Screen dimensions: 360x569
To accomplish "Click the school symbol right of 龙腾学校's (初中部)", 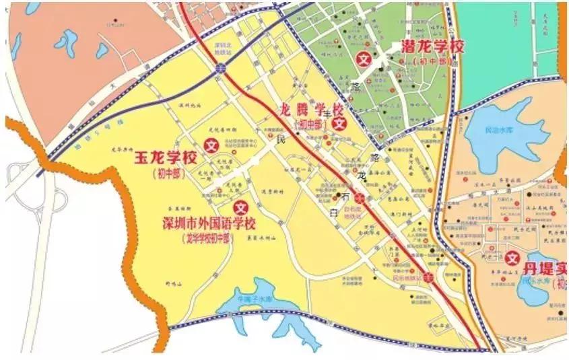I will point(340,123).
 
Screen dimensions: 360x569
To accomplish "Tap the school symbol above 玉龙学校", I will point(211,144).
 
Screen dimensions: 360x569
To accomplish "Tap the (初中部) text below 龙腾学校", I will point(309,124).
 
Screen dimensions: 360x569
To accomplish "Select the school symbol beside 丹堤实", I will point(512,258).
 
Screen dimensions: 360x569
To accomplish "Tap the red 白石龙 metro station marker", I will point(360,198).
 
